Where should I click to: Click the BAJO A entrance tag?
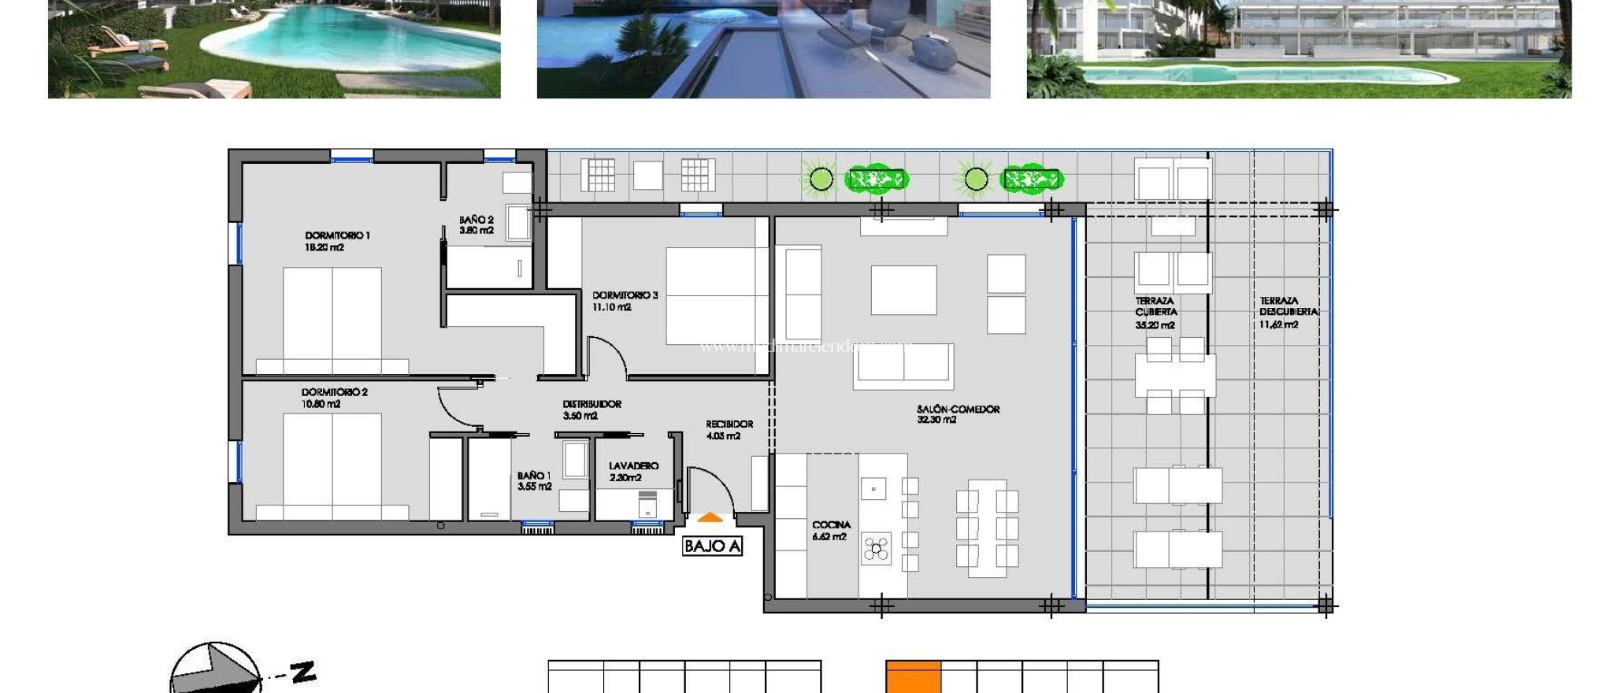(x=712, y=547)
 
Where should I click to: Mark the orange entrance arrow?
(x=710, y=518)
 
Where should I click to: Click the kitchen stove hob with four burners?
(x=876, y=548)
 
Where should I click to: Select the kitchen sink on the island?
(x=873, y=489)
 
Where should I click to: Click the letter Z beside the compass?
(x=303, y=672)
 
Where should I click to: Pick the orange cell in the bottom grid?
(x=914, y=677)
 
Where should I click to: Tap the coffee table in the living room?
(x=903, y=290)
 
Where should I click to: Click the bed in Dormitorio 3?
(x=716, y=296)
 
